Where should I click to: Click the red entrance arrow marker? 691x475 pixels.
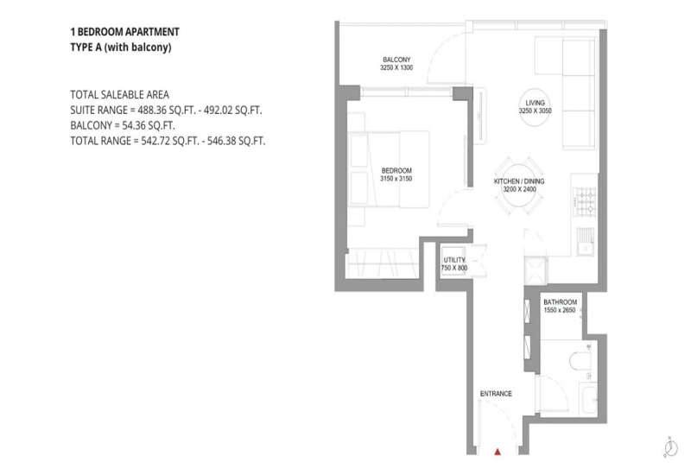(498, 451)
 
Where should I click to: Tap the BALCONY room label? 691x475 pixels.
(396, 60)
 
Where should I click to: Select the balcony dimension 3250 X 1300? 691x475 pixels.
(396, 68)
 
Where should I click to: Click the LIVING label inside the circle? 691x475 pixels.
(535, 103)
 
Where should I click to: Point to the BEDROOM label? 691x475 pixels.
(396, 170)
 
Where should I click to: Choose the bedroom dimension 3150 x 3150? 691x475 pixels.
(396, 179)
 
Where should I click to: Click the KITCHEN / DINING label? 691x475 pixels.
(519, 181)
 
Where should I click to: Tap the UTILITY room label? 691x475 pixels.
(454, 260)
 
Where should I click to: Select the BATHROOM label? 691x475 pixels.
(560, 302)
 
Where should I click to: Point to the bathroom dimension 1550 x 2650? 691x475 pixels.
(560, 310)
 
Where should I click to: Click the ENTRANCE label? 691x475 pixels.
(496, 394)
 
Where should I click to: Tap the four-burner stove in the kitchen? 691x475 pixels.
(586, 200)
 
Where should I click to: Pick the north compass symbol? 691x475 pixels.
(671, 447)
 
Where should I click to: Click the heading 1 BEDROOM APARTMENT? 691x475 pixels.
(124, 32)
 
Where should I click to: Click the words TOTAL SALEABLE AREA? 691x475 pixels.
(119, 95)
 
